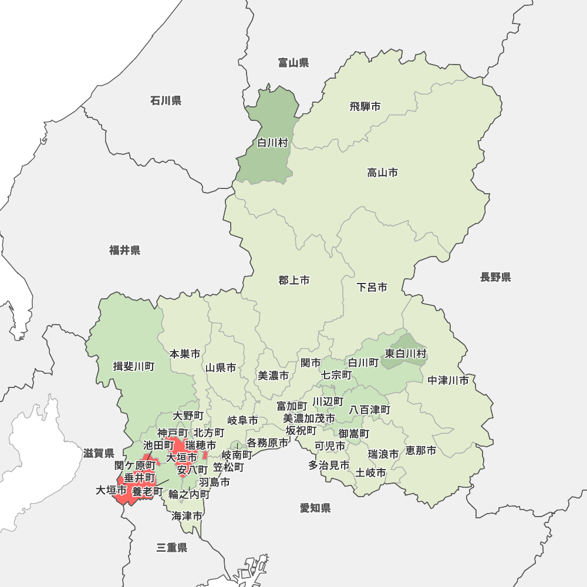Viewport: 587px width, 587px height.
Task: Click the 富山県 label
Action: [293, 63]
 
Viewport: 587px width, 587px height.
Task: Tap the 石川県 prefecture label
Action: [166, 101]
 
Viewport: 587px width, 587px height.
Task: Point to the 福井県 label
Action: [124, 251]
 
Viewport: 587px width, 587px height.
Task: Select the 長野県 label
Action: [495, 277]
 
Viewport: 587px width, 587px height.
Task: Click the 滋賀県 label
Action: [99, 453]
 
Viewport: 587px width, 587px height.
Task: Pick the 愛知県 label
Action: [315, 508]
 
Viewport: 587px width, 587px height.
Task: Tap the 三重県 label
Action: [172, 548]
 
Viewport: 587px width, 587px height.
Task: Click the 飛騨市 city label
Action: [365, 107]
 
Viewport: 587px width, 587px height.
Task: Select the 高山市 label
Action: [383, 173]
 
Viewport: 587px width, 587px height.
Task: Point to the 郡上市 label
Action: [294, 281]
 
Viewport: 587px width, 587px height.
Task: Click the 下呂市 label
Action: [372, 288]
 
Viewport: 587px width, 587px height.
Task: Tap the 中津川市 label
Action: [448, 380]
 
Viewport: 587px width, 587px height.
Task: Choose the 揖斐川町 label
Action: [134, 367]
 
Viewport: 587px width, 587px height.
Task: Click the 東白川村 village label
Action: [406, 354]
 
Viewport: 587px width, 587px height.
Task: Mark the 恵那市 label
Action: [421, 451]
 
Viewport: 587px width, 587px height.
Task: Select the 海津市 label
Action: [187, 517]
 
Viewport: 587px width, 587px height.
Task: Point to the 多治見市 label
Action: [329, 465]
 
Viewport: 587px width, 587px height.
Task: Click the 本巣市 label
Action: [185, 354]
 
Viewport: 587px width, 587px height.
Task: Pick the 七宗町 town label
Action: [336, 375]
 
